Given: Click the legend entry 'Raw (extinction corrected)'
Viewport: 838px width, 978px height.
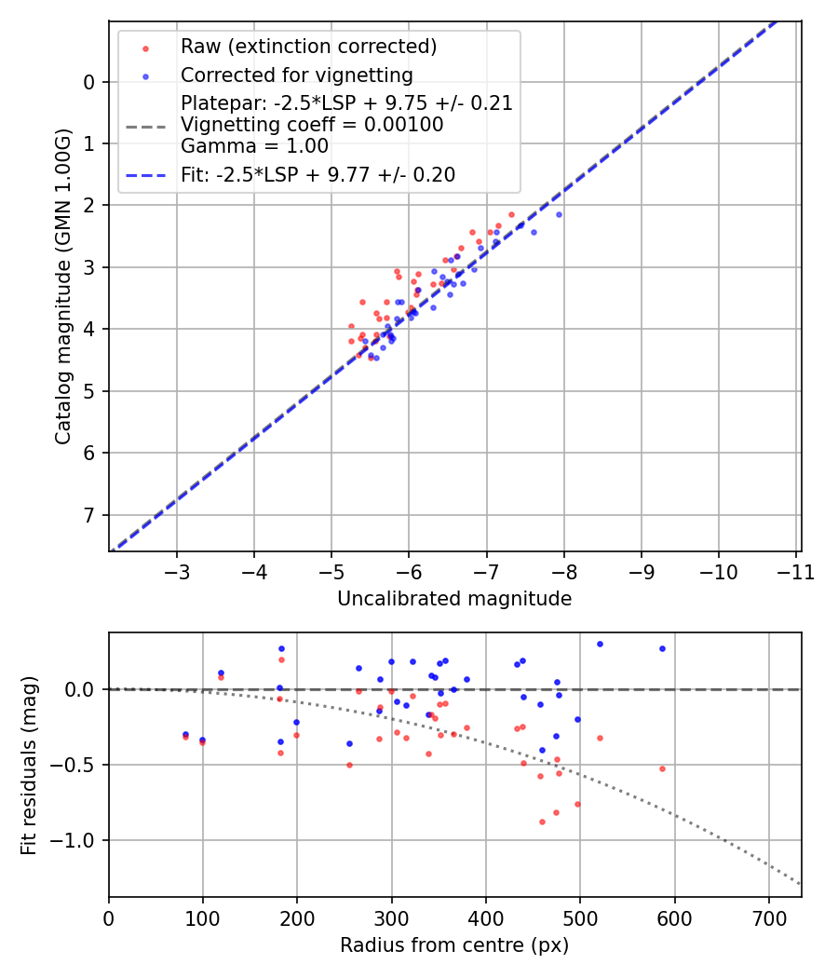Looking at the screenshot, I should [x=308, y=47].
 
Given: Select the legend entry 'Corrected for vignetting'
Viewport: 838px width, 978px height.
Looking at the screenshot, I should [x=296, y=75].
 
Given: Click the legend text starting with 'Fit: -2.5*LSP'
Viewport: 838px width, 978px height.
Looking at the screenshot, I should [x=318, y=174].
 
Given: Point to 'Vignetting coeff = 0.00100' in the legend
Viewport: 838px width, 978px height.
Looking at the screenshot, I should [x=312, y=125].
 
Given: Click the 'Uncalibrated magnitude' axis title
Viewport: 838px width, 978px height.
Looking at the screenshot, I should [x=454, y=599].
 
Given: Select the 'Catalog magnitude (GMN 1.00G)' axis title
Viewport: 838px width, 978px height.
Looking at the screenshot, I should [x=62, y=286].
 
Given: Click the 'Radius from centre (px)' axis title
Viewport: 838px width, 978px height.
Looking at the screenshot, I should [x=454, y=945].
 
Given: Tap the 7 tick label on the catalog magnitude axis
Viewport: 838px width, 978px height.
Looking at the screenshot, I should [x=89, y=515].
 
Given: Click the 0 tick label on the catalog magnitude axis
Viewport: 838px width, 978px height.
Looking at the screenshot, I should [x=89, y=82].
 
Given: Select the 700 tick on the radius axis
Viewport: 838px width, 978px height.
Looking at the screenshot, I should [x=768, y=917].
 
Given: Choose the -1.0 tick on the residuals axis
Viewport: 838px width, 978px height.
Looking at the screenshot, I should [x=76, y=840].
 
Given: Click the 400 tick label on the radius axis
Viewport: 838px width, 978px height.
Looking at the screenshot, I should [x=485, y=917].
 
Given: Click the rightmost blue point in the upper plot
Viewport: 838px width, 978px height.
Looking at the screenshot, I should [x=559, y=214].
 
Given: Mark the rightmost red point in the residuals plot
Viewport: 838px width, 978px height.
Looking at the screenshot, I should [x=662, y=768].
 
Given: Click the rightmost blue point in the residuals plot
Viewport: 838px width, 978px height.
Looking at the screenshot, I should [x=662, y=648].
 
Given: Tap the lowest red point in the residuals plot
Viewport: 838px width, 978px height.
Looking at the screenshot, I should [x=542, y=822].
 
